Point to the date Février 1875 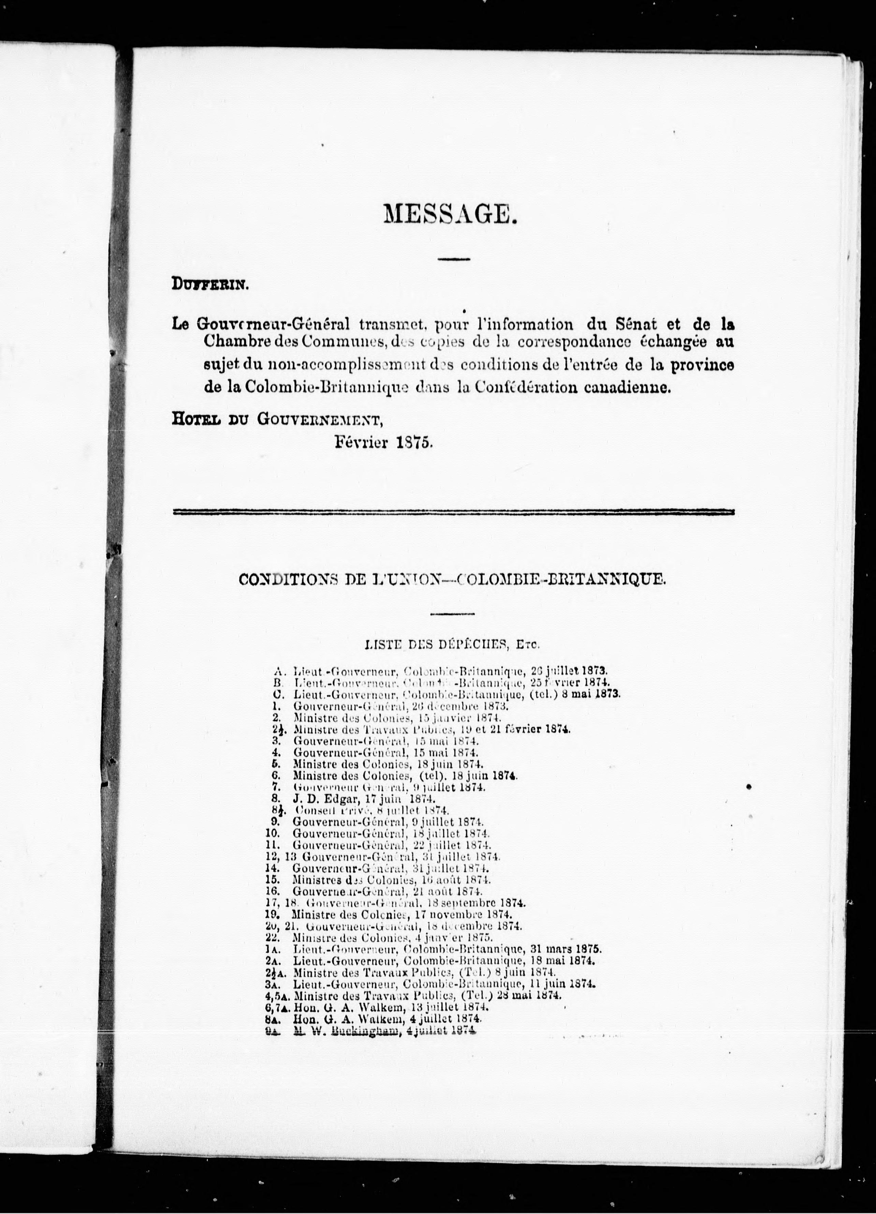(x=384, y=442)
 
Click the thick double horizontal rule (x=454, y=512)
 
